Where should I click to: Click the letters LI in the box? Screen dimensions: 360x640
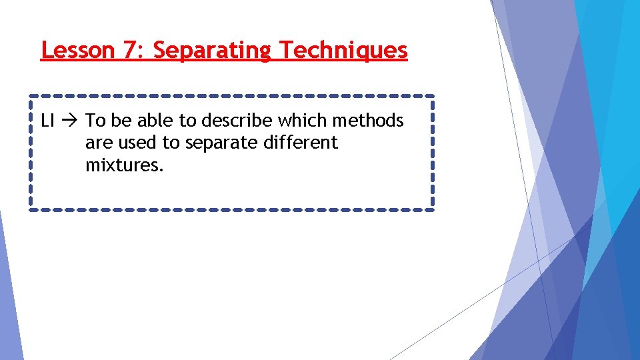coord(47,121)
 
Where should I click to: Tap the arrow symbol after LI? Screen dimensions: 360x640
coord(71,121)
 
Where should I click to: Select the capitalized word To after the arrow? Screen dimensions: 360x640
coord(95,121)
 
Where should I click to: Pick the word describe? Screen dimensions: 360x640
coord(237,121)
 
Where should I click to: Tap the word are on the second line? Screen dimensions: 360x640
coord(97,143)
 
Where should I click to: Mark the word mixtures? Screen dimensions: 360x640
coord(124,165)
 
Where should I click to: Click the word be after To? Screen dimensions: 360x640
coord(119,121)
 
